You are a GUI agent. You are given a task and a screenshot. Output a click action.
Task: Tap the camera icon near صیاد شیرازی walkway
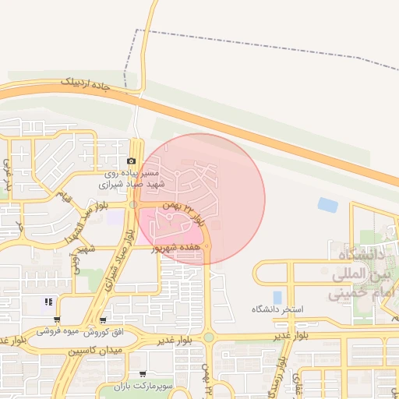(131, 161)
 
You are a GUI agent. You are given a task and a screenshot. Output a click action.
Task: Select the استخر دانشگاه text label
(277, 309)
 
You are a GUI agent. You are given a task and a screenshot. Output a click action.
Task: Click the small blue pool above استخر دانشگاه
(277, 297)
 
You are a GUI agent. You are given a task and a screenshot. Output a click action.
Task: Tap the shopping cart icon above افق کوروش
(103, 320)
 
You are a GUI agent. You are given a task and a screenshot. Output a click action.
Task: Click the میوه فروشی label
(58, 331)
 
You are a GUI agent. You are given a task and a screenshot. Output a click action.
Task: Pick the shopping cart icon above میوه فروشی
(57, 320)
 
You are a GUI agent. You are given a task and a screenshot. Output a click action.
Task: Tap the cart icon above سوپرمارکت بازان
(142, 375)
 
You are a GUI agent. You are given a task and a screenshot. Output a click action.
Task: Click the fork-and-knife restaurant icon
(48, 302)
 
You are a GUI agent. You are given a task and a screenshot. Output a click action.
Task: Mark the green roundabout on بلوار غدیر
(208, 337)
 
